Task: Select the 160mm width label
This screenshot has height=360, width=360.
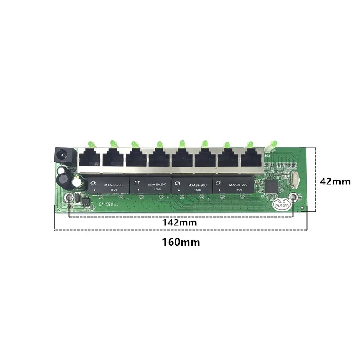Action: (x=181, y=242)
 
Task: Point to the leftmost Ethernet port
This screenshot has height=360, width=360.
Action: (x=89, y=159)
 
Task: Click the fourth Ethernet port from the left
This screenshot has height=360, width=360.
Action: (x=159, y=159)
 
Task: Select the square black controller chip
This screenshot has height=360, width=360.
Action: (x=272, y=185)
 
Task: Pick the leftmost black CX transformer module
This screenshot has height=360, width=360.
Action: (x=106, y=185)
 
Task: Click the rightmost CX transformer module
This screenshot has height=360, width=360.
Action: (x=232, y=185)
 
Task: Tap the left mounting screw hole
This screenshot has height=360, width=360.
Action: (x=69, y=198)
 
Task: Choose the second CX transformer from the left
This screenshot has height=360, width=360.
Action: (x=148, y=185)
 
